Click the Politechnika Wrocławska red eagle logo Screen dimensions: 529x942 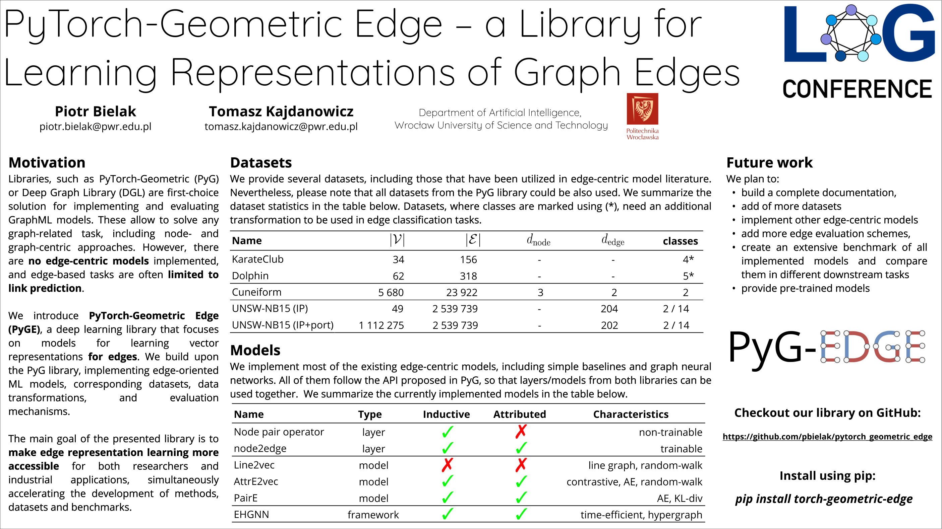[642, 109]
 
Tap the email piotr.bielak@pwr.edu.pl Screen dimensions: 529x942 [95, 127]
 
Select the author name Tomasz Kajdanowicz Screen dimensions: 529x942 [281, 111]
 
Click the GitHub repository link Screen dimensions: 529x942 [827, 437]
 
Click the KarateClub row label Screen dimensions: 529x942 [257, 259]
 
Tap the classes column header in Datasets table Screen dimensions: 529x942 [680, 241]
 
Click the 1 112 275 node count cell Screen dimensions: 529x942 [381, 325]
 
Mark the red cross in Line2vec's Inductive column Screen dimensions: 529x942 [447, 465]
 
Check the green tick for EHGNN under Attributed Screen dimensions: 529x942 [521, 514]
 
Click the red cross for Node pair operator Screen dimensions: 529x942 [521, 432]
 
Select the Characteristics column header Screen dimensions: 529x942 [631, 414]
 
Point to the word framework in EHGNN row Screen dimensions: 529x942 [373, 515]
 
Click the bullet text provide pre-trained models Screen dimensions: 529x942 [805, 288]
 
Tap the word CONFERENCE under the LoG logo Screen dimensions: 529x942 [857, 89]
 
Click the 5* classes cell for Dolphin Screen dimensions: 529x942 [688, 276]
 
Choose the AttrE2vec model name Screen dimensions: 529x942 [256, 481]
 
